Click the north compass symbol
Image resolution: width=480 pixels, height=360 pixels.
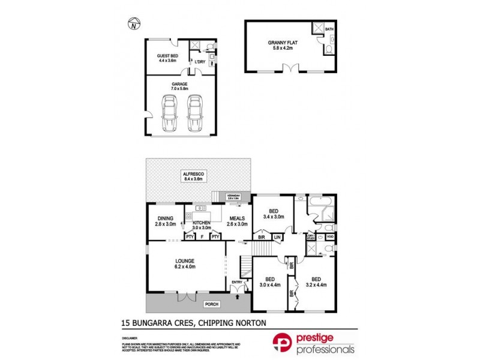pyautogui.click(x=134, y=25)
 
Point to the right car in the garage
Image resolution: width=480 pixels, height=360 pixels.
pyautogui.click(x=194, y=113)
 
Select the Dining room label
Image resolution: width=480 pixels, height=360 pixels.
pyautogui.click(x=166, y=221)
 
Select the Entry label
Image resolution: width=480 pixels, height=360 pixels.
pyautogui.click(x=236, y=282)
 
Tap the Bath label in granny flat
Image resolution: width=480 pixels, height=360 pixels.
pyautogui.click(x=329, y=29)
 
